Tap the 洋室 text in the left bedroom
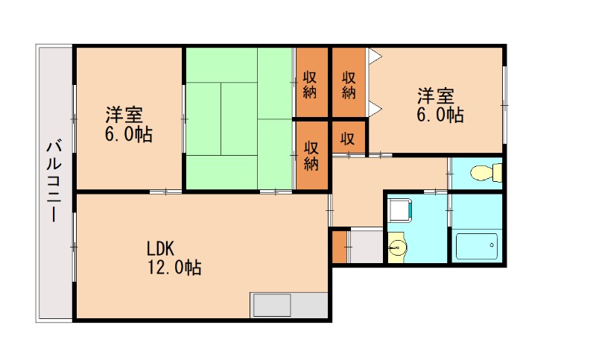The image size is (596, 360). coord(124,116)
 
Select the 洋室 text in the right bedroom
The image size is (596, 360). coord(436,96)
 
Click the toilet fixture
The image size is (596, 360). coord(485,173)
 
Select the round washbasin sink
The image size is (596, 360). coord(399,245)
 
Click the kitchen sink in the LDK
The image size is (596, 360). coord(272,306)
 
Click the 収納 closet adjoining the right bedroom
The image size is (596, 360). coord(349,84)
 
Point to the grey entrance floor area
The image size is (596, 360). coord(365,247)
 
